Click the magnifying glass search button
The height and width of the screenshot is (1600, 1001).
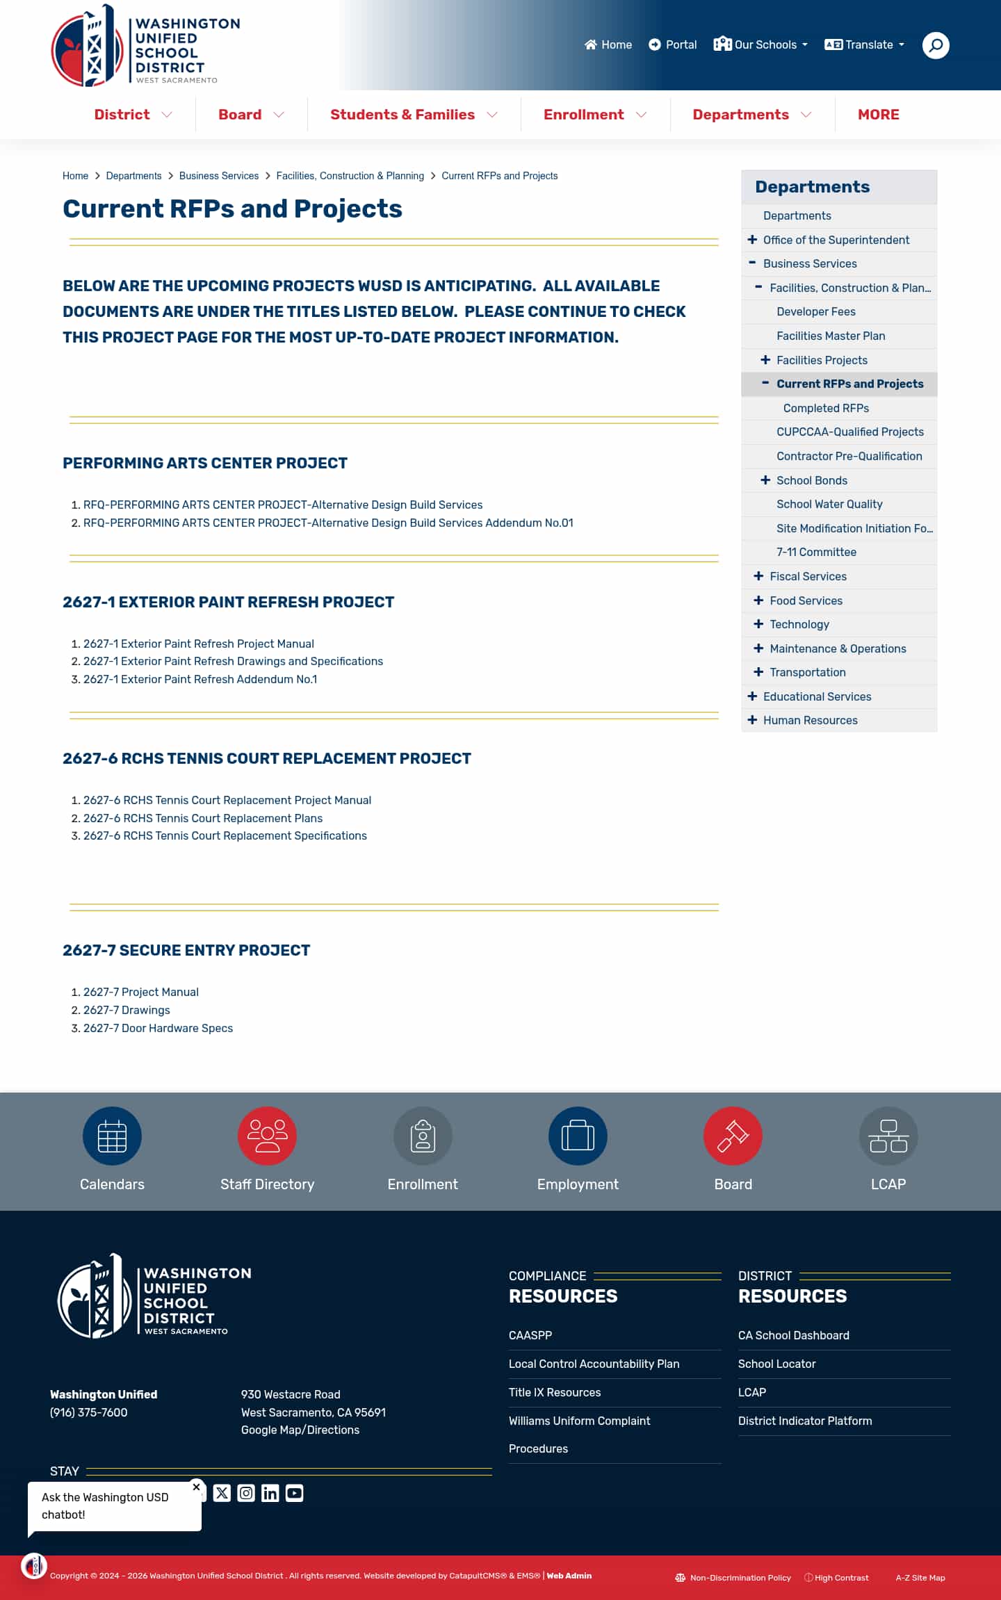pyautogui.click(x=936, y=45)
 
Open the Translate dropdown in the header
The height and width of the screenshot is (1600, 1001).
pyautogui.click(x=865, y=45)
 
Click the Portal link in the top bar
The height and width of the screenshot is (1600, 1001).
pyautogui.click(x=673, y=45)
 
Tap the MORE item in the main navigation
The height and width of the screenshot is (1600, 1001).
pyautogui.click(x=878, y=115)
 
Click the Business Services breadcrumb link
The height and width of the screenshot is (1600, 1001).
pyautogui.click(x=218, y=176)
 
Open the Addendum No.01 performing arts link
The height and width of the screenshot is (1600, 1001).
pyautogui.click(x=328, y=523)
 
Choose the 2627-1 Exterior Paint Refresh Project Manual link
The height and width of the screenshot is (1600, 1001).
pyautogui.click(x=199, y=644)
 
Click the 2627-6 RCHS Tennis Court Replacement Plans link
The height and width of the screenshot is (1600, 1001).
pyautogui.click(x=203, y=818)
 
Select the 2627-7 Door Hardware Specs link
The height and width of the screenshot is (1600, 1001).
pyautogui.click(x=158, y=1028)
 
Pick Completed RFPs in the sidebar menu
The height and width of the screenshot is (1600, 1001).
pyautogui.click(x=826, y=408)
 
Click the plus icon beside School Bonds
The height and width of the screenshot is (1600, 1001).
pyautogui.click(x=765, y=480)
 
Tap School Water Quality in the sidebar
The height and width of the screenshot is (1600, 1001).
pyautogui.click(x=829, y=504)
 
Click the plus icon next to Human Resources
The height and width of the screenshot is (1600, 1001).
pyautogui.click(x=752, y=720)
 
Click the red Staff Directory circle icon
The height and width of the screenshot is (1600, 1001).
pyautogui.click(x=267, y=1136)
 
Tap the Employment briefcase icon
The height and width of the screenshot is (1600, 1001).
pyautogui.click(x=578, y=1136)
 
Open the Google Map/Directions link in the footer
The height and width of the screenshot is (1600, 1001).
pyautogui.click(x=300, y=1430)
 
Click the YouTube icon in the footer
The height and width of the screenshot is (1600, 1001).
pyautogui.click(x=294, y=1493)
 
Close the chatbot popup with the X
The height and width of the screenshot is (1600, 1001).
pyautogui.click(x=196, y=1487)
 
